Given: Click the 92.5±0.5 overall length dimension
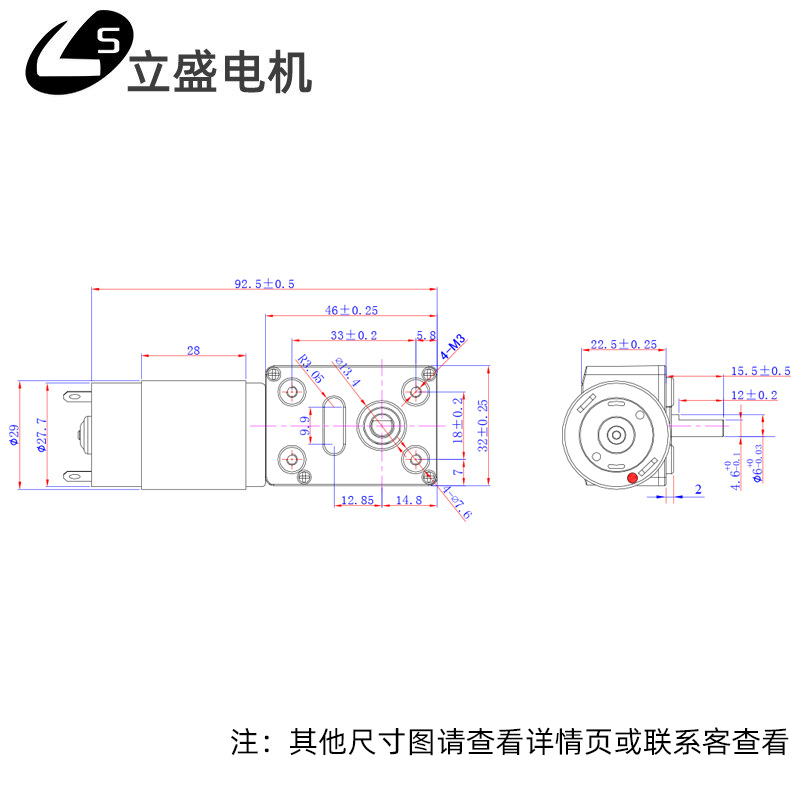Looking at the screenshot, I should point(265,284).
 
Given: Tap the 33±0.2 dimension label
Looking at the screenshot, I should point(354,335).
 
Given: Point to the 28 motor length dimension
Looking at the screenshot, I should point(193,350).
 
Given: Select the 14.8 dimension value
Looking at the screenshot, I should point(407,499).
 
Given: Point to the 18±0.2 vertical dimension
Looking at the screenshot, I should point(458,420).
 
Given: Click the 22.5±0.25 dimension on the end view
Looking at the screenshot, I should point(623,344).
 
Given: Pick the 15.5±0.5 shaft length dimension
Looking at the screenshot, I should point(760,371).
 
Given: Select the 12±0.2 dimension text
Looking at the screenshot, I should point(754,395).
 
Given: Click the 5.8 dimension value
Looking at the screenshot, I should point(426,335).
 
